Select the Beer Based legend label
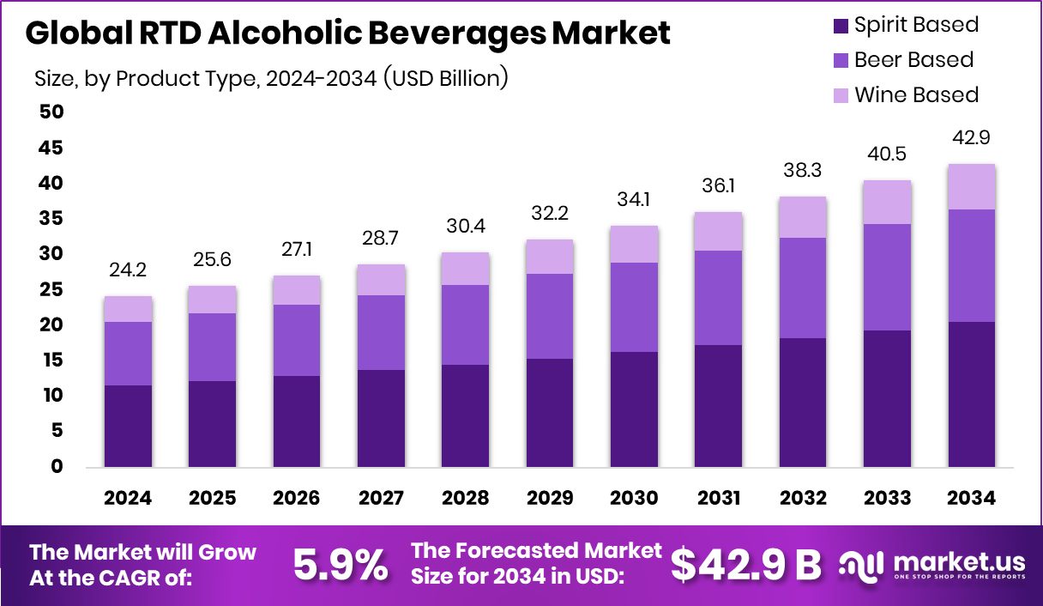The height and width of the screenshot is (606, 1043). click(913, 60)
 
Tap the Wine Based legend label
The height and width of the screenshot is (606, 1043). click(916, 94)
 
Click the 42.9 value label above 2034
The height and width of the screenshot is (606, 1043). click(972, 138)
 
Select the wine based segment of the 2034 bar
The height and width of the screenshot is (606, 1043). click(972, 186)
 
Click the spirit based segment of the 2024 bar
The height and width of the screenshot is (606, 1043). click(128, 426)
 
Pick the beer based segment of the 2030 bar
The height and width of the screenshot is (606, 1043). click(635, 307)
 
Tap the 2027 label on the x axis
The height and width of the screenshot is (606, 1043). click(381, 499)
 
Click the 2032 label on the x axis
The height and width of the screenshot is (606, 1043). click(803, 499)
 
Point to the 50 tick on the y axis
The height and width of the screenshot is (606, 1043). click(51, 112)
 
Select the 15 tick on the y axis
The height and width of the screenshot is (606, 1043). click(51, 361)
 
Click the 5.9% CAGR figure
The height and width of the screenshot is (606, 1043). click(340, 565)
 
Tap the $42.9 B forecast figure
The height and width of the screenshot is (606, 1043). click(745, 565)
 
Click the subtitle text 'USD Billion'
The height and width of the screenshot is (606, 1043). click(445, 79)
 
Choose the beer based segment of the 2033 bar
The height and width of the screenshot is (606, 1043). click(887, 277)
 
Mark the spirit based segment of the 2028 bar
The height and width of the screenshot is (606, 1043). click(466, 415)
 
